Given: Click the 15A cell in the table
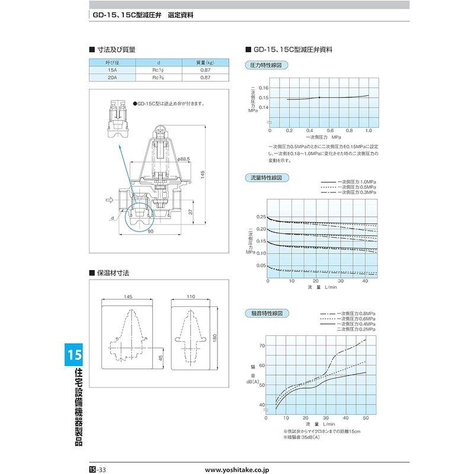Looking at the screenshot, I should point(112,69).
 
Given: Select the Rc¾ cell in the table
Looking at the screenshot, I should point(158,77).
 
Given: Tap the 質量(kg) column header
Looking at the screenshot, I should point(204,62).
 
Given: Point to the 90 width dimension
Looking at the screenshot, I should point(151,231).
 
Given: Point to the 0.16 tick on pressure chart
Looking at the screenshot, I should point(263,88).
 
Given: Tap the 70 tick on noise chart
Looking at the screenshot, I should point(261,345).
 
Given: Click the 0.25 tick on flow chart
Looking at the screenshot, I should point(261,217).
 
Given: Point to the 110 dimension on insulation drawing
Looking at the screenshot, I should point(191,297).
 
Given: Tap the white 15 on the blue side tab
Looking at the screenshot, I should point(74,355).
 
